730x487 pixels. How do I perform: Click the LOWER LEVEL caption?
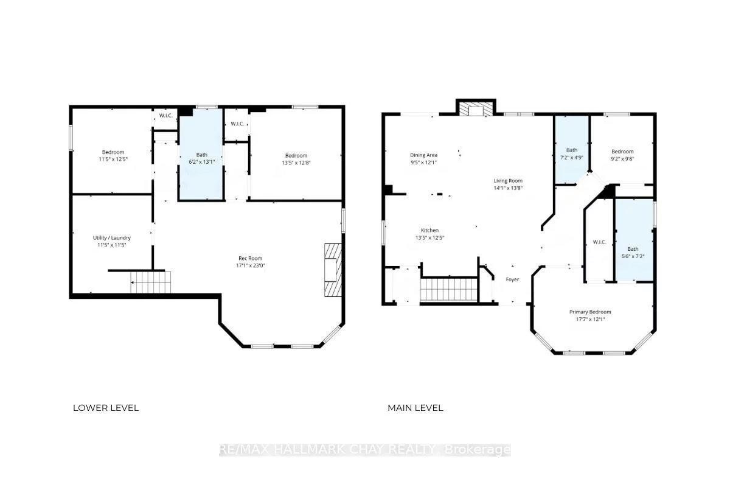point(106,408)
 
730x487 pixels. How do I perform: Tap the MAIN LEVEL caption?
point(415,408)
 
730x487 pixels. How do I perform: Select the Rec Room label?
point(250,261)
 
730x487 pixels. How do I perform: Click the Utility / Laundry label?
point(112,241)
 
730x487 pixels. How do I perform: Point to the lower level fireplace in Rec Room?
point(333,270)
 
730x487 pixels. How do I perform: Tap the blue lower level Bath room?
point(201,158)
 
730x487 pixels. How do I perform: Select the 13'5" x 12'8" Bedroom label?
point(296,159)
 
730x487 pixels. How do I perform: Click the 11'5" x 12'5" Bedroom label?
point(113,155)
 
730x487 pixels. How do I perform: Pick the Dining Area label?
point(423,158)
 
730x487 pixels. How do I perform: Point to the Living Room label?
point(507,184)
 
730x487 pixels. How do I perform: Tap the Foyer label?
point(513,280)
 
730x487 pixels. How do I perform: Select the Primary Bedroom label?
point(590,315)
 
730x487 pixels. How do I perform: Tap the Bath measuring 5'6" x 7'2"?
point(633,252)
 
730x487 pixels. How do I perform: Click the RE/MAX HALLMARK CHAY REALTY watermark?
point(365,450)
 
